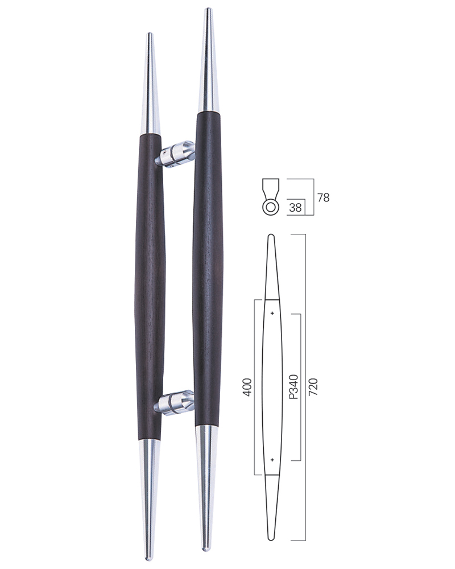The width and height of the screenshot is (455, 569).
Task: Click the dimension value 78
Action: pyautogui.click(x=323, y=198)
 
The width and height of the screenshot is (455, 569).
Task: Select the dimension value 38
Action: pyautogui.click(x=295, y=207)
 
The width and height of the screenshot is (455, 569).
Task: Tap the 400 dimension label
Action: pyautogui.click(x=247, y=387)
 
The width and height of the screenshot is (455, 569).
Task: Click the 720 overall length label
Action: pyautogui.click(x=313, y=387)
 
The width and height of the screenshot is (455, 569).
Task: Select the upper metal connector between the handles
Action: pyautogui.click(x=175, y=154)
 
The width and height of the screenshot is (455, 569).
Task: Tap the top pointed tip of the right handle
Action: pyautogui.click(x=208, y=9)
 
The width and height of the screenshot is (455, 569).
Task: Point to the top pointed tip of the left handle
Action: pyautogui.click(x=150, y=34)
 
